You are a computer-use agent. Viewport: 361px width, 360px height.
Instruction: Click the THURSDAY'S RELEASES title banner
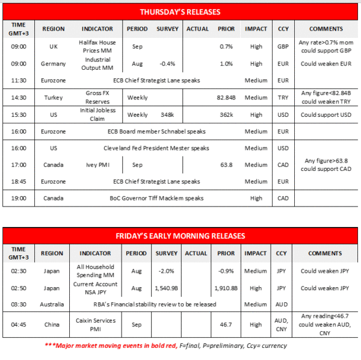coord(180,12)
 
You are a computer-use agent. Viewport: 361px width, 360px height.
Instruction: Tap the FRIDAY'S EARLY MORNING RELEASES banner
coord(180,235)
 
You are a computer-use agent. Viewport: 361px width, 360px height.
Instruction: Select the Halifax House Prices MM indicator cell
coord(97,46)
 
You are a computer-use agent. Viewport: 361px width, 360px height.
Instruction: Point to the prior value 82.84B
coord(226,98)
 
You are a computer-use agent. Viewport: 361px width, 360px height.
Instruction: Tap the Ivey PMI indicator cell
coord(97,164)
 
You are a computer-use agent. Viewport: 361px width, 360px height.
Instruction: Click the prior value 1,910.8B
coord(226,288)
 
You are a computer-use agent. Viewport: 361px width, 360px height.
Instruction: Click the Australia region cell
coord(52,305)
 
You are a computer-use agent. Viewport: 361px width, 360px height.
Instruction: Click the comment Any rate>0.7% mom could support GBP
coord(326,46)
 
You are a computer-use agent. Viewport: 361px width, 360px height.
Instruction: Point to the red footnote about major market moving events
coord(166,346)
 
